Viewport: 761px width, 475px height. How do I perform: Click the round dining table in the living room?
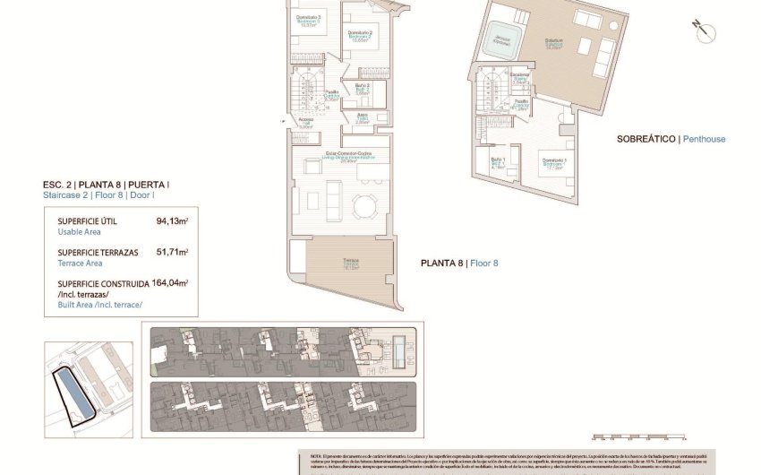tap(365, 206)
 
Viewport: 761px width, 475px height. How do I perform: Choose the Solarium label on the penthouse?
tap(552, 43)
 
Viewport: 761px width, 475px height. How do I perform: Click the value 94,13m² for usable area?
tap(173, 220)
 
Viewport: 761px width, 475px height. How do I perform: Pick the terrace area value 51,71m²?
tap(173, 253)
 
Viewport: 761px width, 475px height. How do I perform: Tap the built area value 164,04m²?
tap(170, 283)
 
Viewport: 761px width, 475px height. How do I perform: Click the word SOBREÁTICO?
tap(646, 139)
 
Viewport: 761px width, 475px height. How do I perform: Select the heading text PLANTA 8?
tap(443, 263)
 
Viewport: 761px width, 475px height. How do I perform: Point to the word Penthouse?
tap(705, 139)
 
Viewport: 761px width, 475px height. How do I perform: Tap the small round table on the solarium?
tap(613, 26)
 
